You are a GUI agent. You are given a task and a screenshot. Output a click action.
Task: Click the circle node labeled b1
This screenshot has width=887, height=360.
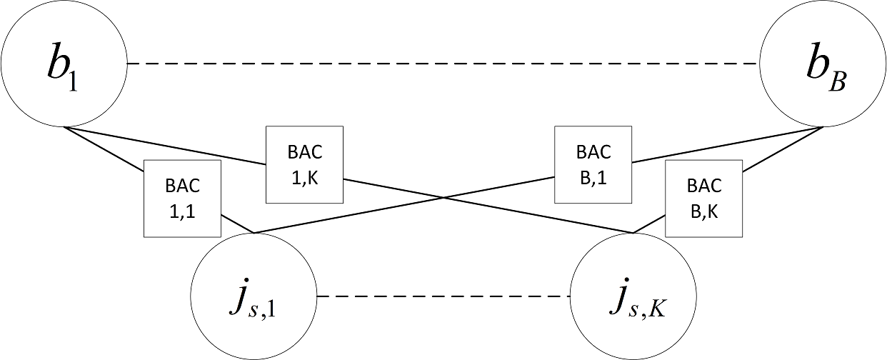[64, 64]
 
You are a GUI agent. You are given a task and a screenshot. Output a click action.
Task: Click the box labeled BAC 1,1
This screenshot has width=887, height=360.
[182, 198]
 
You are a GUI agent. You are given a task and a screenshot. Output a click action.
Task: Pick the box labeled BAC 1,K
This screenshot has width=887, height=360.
[304, 164]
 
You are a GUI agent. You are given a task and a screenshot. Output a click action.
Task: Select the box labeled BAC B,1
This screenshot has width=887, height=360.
[593, 164]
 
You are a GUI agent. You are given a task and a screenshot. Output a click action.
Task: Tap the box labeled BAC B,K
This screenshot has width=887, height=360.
[703, 198]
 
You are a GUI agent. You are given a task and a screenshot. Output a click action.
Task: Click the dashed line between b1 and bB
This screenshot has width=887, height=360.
[443, 64]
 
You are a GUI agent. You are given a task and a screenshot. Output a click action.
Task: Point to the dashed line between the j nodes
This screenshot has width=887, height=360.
[443, 296]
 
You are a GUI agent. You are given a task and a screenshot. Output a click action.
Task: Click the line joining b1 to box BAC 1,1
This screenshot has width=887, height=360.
[105, 150]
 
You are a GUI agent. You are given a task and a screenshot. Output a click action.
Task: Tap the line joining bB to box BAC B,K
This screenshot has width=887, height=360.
[782, 150]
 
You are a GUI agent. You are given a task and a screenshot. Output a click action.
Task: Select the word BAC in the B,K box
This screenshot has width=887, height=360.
[703, 186]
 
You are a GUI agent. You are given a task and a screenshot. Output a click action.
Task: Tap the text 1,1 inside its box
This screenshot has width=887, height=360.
[182, 211]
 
